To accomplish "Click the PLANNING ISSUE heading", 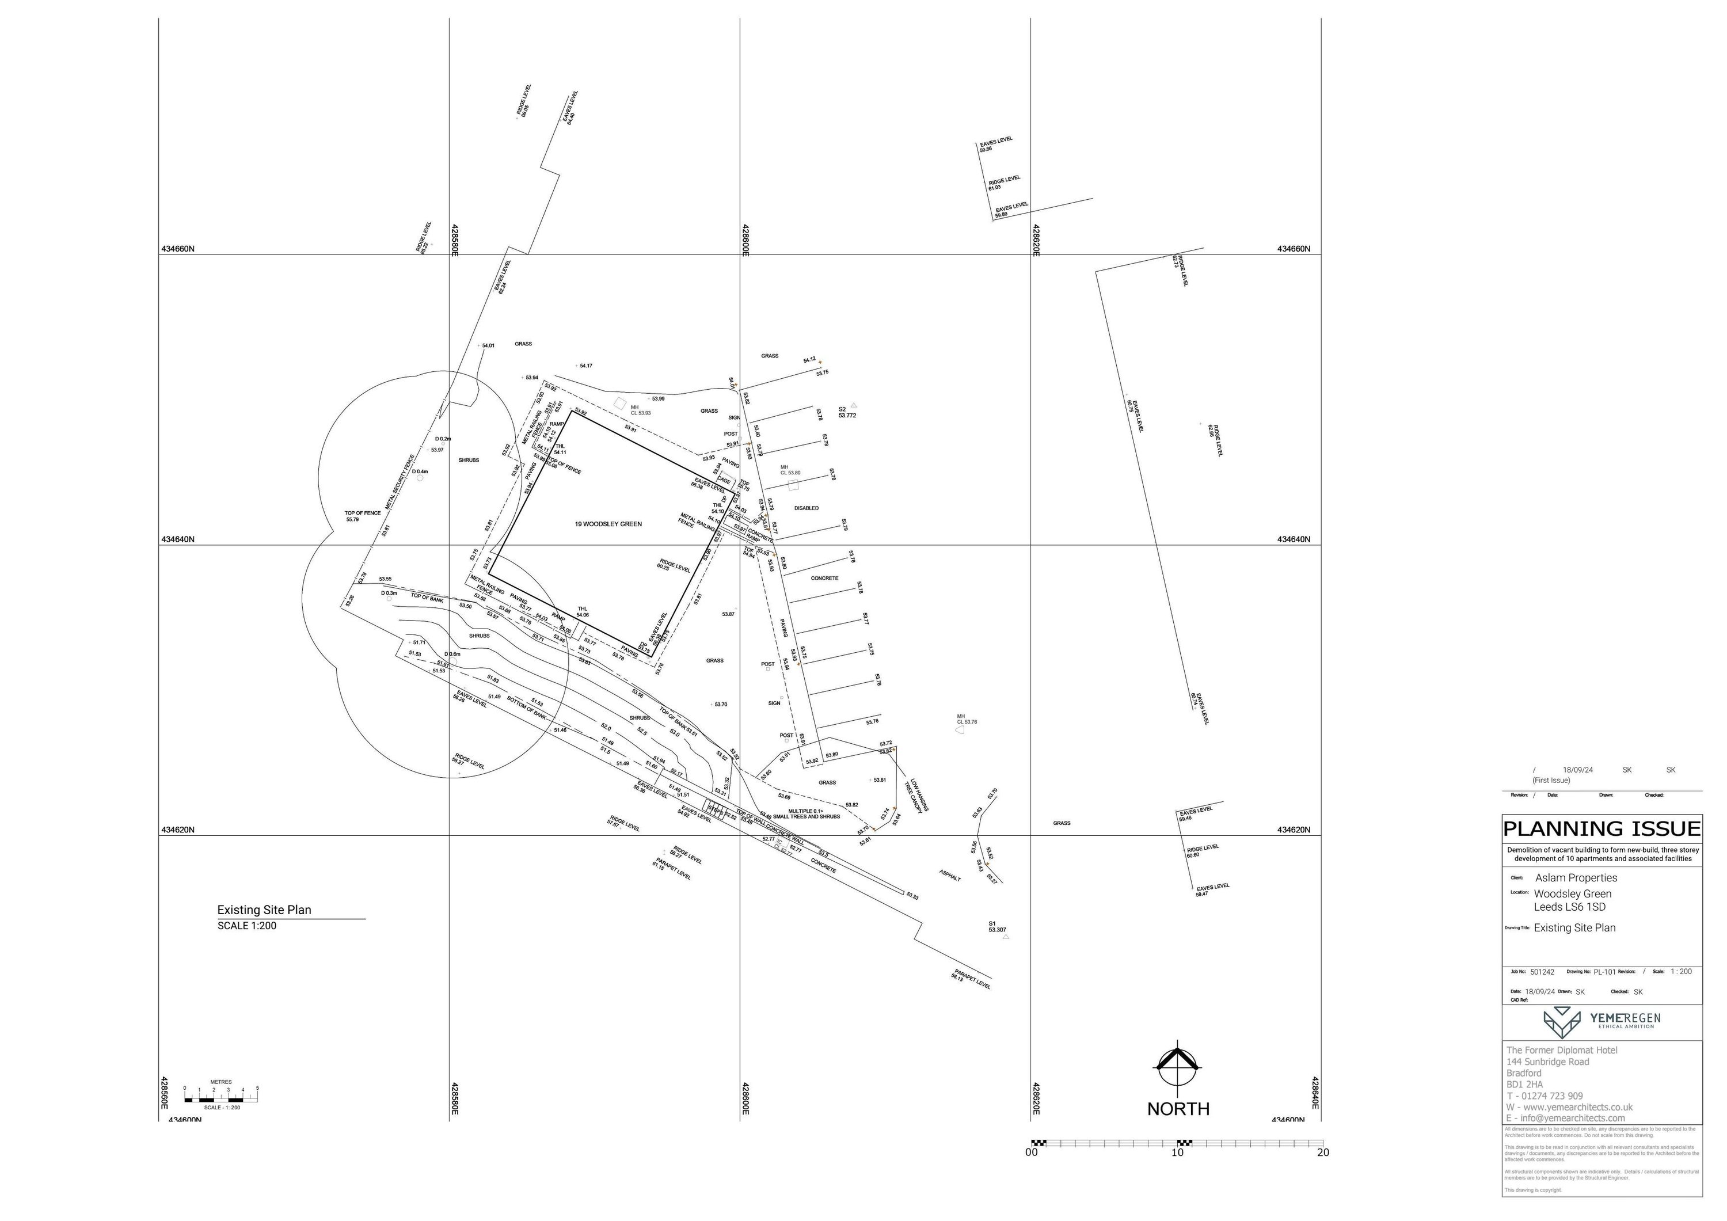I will tap(1602, 829).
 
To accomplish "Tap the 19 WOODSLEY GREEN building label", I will tap(608, 524).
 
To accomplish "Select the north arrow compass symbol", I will tap(1177, 1068).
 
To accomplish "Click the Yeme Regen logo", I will tap(1602, 1022).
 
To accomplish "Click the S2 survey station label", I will tap(846, 412).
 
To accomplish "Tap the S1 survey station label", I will tap(996, 927).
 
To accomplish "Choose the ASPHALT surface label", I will tap(950, 876).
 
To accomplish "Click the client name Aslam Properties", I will tap(1576, 878).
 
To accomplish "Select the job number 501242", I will tap(1542, 972).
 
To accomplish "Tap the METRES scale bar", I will tap(220, 1094).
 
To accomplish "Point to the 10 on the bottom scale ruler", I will tap(1177, 1152).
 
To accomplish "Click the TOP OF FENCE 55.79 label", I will tap(363, 516).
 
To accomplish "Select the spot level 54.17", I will tap(585, 366).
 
